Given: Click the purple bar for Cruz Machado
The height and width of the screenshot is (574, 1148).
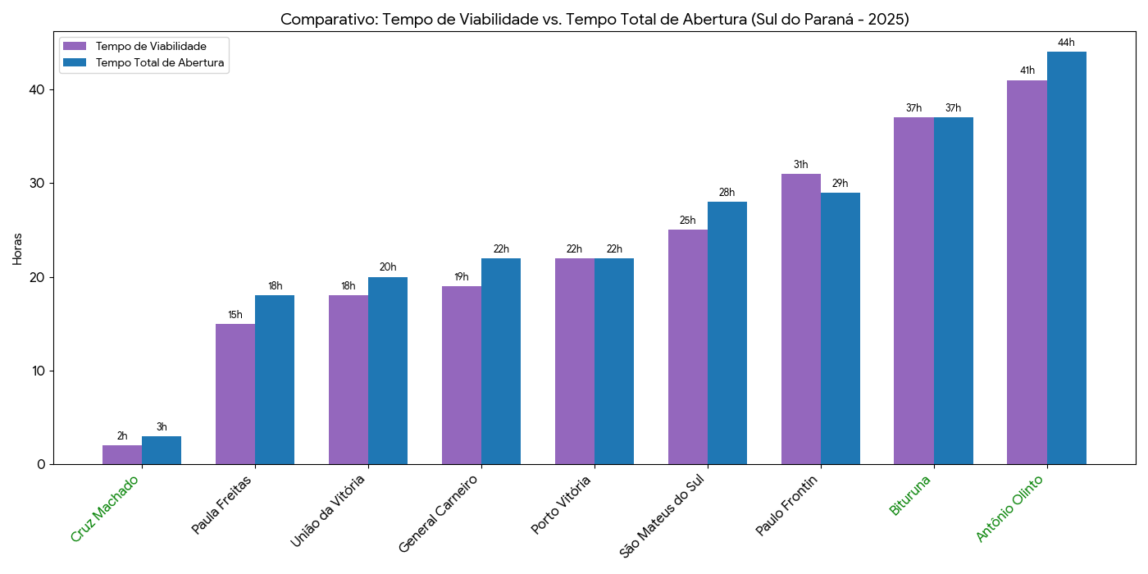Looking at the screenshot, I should pos(122,455).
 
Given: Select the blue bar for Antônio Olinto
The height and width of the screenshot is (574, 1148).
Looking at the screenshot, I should pos(1066,258).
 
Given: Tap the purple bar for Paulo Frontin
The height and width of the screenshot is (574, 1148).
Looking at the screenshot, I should pos(800,319).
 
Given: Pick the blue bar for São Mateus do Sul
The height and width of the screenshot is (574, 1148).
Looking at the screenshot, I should pos(727,333).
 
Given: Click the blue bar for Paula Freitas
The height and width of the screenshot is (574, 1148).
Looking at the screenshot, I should pos(275,380).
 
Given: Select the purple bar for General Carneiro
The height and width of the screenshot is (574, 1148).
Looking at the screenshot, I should pos(462,375).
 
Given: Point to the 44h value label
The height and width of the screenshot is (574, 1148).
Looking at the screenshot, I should pos(1066,43).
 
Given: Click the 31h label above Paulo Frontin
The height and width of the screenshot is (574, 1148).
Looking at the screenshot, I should pos(800,165).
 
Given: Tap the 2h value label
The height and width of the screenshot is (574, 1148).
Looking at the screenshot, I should pos(122,436).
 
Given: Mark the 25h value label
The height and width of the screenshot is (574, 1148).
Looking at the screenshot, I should pos(687,221).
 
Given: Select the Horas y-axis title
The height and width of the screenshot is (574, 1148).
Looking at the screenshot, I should pos(18,248).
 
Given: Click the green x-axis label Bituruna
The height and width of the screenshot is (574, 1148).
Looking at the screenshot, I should pos(910,495).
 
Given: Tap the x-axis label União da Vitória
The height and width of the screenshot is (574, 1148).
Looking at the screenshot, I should pos(328,510).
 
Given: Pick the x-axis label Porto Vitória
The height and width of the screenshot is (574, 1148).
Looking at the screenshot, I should pos(561,504).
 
